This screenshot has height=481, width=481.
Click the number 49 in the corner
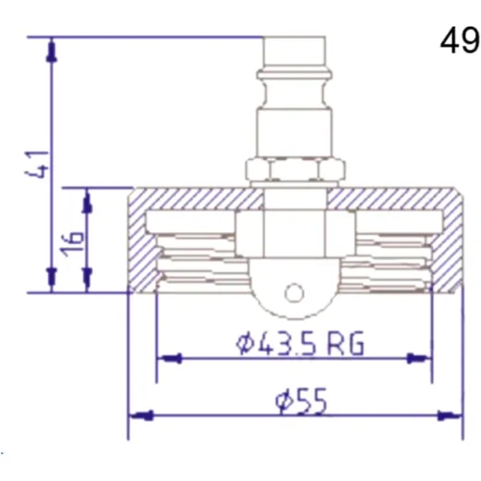point(460,40)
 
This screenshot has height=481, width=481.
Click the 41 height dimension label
point(37,165)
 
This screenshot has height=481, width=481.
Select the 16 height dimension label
point(73,243)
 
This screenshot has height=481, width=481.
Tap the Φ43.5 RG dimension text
point(300,343)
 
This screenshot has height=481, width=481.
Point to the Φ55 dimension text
point(301,401)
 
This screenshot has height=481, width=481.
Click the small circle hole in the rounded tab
point(294,293)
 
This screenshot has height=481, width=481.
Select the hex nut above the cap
point(295,169)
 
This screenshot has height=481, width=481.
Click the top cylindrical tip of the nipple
point(294,53)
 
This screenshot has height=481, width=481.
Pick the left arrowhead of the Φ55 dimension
point(142,415)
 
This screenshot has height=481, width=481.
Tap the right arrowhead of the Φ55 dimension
point(450,416)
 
